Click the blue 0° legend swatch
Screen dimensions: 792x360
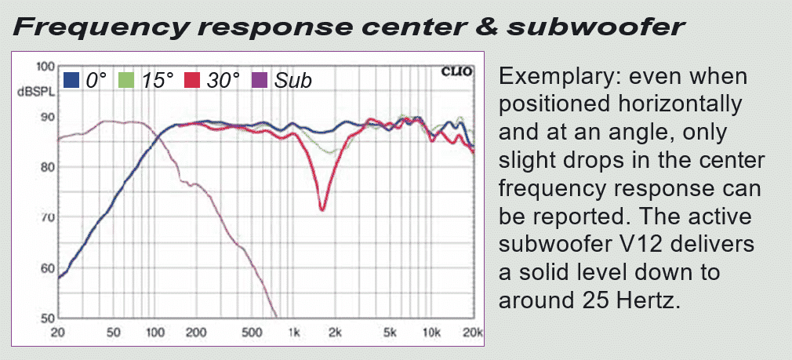[71, 80]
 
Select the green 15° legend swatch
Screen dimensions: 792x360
[125, 80]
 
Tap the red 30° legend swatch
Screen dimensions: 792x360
[191, 80]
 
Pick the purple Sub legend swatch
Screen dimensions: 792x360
[259, 80]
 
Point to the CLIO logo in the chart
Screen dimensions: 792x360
[457, 71]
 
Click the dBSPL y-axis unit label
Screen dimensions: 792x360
[36, 93]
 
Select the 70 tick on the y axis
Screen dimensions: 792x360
[47, 218]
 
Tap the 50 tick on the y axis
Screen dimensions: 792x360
[47, 318]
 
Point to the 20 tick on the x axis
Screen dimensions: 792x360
[59, 333]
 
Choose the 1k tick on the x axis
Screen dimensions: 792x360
[294, 333]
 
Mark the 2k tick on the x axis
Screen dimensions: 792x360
[335, 333]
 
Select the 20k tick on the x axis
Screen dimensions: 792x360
[474, 333]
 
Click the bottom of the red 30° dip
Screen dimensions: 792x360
[322, 209]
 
